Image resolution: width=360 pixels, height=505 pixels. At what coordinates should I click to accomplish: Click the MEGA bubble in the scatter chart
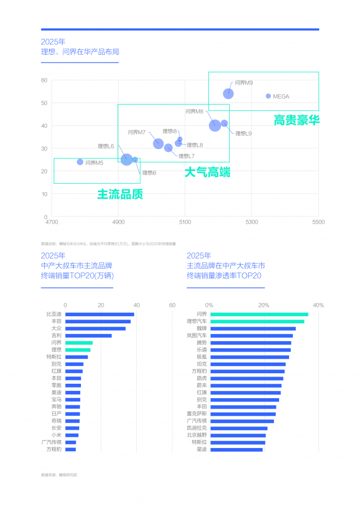click(x=269, y=96)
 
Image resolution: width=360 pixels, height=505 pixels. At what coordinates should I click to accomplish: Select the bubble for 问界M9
click(x=228, y=94)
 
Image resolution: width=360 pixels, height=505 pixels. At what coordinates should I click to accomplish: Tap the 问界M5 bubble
click(x=80, y=162)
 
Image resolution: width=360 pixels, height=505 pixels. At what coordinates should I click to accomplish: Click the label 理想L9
click(x=243, y=133)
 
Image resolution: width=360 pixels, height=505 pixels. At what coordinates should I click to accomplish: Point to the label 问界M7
click(x=136, y=132)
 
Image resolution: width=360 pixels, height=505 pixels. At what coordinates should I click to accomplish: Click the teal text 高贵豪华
click(x=297, y=120)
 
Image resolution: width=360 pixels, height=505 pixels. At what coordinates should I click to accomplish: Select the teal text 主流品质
click(x=120, y=194)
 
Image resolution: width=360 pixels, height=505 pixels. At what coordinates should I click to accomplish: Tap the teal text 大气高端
click(x=207, y=172)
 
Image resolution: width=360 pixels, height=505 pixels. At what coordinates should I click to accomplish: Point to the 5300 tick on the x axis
click(x=252, y=222)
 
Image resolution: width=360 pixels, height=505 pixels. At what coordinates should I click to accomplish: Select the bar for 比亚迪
click(x=100, y=315)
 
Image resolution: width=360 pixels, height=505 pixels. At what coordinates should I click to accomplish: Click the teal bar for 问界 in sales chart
click(x=79, y=343)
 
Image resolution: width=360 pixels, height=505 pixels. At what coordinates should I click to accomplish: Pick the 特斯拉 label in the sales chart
click(x=54, y=357)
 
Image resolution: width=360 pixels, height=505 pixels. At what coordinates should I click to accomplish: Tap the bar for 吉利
click(x=89, y=336)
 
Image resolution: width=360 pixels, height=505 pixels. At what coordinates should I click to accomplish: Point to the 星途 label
click(x=202, y=449)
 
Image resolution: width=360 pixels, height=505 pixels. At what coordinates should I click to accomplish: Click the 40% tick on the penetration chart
click(x=318, y=305)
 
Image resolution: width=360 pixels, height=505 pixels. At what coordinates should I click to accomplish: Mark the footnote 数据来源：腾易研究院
click(x=59, y=475)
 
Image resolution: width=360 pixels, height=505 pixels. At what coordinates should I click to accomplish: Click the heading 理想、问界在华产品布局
click(x=80, y=52)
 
